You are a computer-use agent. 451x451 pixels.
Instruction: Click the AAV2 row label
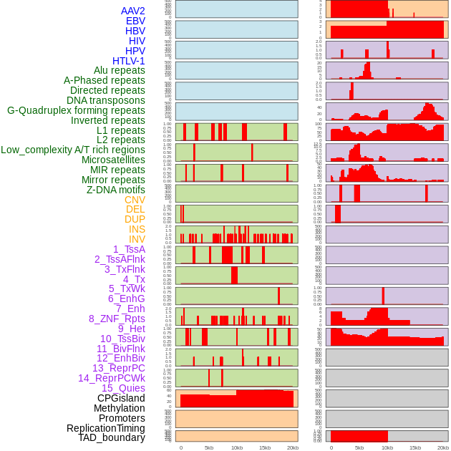132,11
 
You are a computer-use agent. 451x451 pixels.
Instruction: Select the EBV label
135,21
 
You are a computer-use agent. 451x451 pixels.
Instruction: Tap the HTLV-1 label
128,61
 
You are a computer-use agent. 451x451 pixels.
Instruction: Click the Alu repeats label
119,71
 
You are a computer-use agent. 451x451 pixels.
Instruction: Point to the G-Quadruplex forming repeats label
76,110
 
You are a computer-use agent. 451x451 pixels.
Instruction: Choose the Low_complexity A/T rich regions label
73,150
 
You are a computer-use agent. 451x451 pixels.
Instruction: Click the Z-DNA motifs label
115,190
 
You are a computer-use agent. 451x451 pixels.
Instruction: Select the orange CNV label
135,200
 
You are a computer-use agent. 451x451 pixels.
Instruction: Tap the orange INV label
137,239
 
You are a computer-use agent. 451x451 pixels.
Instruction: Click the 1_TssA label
129,249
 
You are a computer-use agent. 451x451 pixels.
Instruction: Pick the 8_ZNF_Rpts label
117,319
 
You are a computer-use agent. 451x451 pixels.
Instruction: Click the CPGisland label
121,398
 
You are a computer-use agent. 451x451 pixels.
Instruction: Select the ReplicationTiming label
106,428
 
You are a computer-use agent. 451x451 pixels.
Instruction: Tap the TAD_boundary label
112,437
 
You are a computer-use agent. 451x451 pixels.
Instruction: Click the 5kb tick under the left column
209,447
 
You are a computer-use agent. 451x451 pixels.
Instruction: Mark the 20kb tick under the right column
443,447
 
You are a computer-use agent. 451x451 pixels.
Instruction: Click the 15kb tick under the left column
265,447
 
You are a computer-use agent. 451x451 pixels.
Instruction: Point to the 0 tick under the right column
331,447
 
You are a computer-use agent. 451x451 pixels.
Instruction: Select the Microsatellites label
113,160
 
